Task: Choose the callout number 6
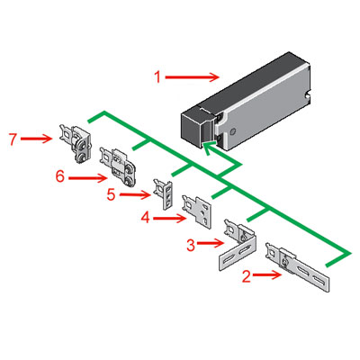[x=60, y=178]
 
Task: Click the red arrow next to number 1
[x=193, y=76]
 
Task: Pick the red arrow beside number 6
[x=87, y=178]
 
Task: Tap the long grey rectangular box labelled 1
[x=257, y=99]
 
